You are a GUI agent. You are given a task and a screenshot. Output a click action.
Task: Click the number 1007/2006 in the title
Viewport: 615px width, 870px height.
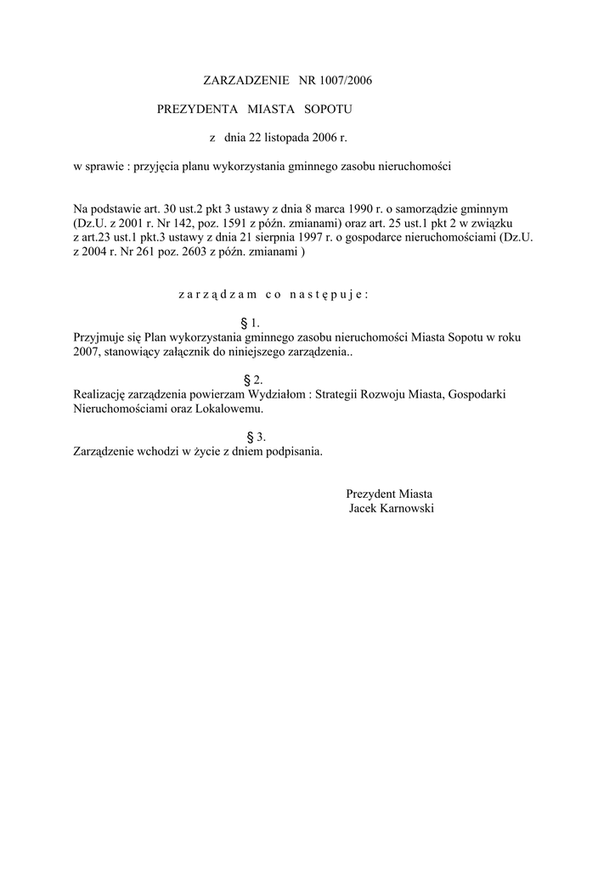point(347,81)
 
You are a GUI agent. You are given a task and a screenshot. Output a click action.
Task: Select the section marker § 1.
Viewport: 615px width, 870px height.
point(250,323)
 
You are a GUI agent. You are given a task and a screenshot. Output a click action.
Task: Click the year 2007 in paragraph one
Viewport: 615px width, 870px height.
point(87,351)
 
